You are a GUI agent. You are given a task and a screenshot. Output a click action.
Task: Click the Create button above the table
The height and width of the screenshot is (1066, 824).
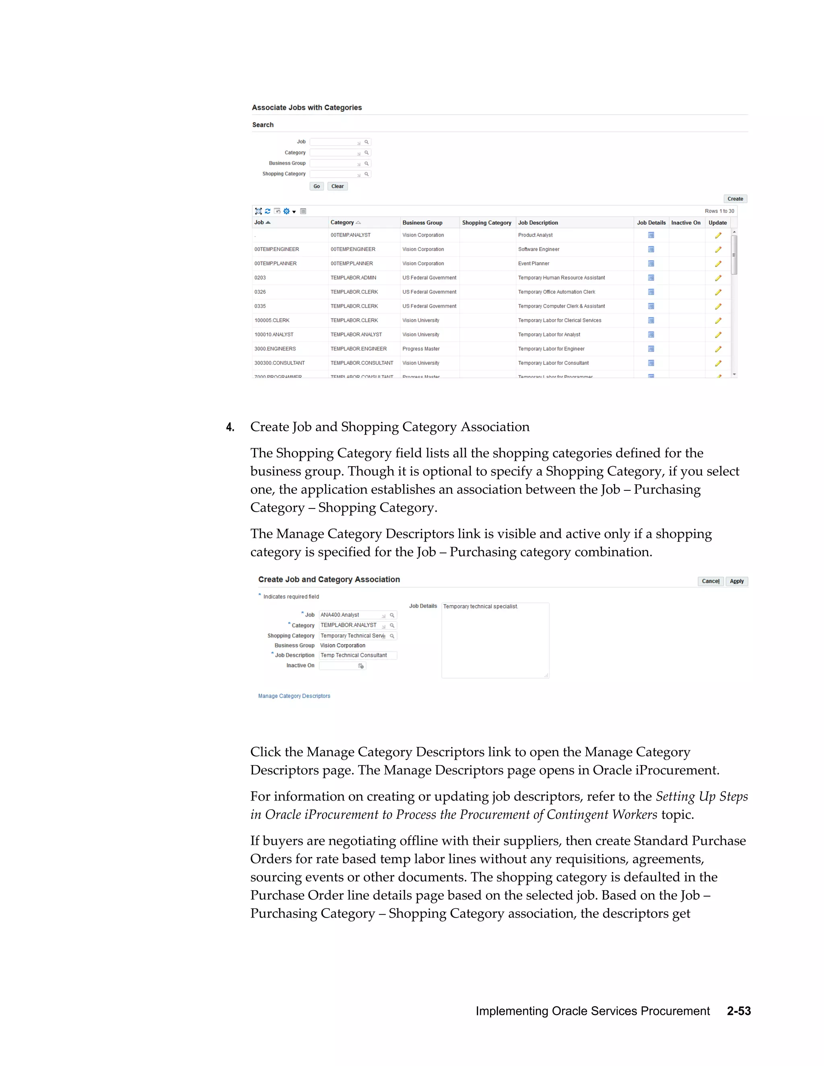tap(735, 199)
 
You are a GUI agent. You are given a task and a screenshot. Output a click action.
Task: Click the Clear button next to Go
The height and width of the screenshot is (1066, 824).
tap(337, 187)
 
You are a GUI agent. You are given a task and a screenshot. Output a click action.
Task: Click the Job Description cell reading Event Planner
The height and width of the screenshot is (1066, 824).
tap(534, 263)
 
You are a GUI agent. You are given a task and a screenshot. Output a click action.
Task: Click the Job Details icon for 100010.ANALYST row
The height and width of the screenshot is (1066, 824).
tap(651, 335)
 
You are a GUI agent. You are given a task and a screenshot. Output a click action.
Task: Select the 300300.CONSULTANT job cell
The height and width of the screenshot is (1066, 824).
tap(279, 363)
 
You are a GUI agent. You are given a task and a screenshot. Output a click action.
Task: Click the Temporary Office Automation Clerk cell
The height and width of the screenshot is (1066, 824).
tap(556, 292)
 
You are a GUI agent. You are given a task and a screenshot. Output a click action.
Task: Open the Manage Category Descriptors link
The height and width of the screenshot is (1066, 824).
tap(294, 696)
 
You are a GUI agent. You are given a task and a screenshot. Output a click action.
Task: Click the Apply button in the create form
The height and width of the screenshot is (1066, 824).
tap(737, 581)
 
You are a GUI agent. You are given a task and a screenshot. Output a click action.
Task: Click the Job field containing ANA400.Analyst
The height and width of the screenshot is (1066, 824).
tap(350, 615)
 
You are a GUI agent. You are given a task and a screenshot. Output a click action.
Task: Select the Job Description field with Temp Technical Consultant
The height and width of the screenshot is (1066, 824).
tap(357, 656)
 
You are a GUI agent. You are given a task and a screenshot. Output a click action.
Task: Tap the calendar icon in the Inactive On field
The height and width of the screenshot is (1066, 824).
tap(361, 666)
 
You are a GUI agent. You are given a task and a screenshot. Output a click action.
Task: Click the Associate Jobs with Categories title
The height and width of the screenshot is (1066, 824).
tap(307, 108)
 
